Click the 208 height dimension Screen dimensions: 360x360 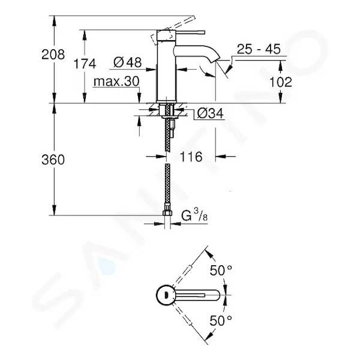[x=53, y=55]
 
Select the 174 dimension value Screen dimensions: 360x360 [x=85, y=64]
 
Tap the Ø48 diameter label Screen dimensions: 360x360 [x=127, y=62]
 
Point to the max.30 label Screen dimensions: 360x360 [x=116, y=82]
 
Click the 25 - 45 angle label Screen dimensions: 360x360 [x=259, y=49]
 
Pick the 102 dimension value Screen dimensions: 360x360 [x=280, y=82]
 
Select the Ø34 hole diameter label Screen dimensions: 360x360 [x=210, y=113]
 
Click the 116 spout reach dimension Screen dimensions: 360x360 [x=191, y=157]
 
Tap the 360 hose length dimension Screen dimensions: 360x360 [x=53, y=160]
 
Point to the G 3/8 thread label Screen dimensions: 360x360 [x=194, y=215]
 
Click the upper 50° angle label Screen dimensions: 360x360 [x=221, y=270]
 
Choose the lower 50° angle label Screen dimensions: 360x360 [x=221, y=321]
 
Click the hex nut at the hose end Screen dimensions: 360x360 [x=167, y=213]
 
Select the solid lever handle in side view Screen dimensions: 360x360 [x=181, y=32]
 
